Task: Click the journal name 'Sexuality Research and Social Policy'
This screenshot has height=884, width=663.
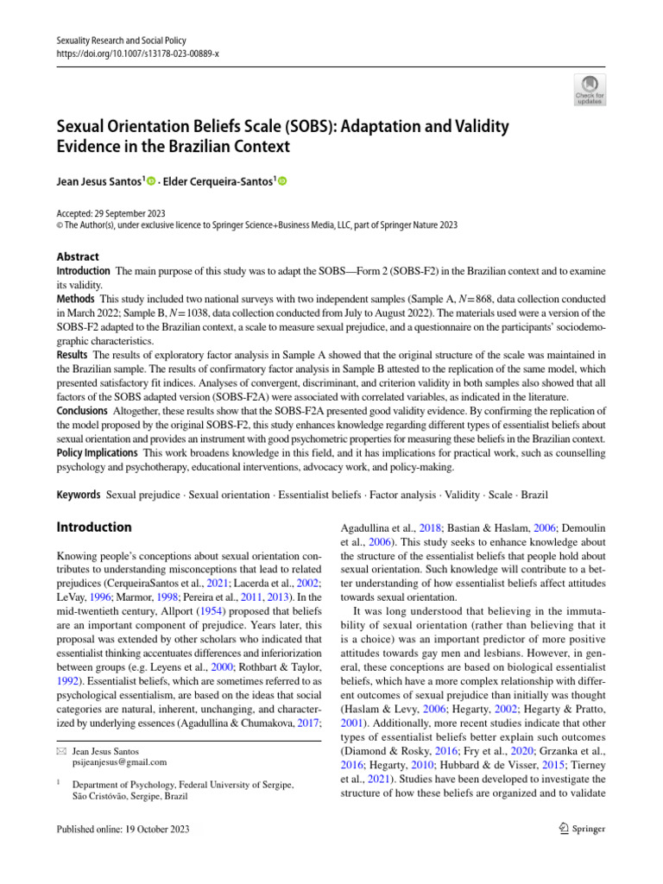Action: pyautogui.click(x=121, y=41)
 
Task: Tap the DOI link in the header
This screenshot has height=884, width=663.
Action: pyautogui.click(x=137, y=53)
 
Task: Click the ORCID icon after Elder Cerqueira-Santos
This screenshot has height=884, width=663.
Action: pyautogui.click(x=281, y=181)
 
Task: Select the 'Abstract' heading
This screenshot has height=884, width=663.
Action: pyautogui.click(x=78, y=256)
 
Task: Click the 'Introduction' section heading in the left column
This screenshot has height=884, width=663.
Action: pyautogui.click(x=94, y=527)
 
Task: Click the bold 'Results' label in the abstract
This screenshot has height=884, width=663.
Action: pyautogui.click(x=73, y=354)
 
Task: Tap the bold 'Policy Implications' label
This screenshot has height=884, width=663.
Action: pyautogui.click(x=98, y=452)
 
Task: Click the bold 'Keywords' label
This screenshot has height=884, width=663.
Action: pyautogui.click(x=79, y=495)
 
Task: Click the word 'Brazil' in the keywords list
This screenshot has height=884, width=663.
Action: pyautogui.click(x=534, y=495)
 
